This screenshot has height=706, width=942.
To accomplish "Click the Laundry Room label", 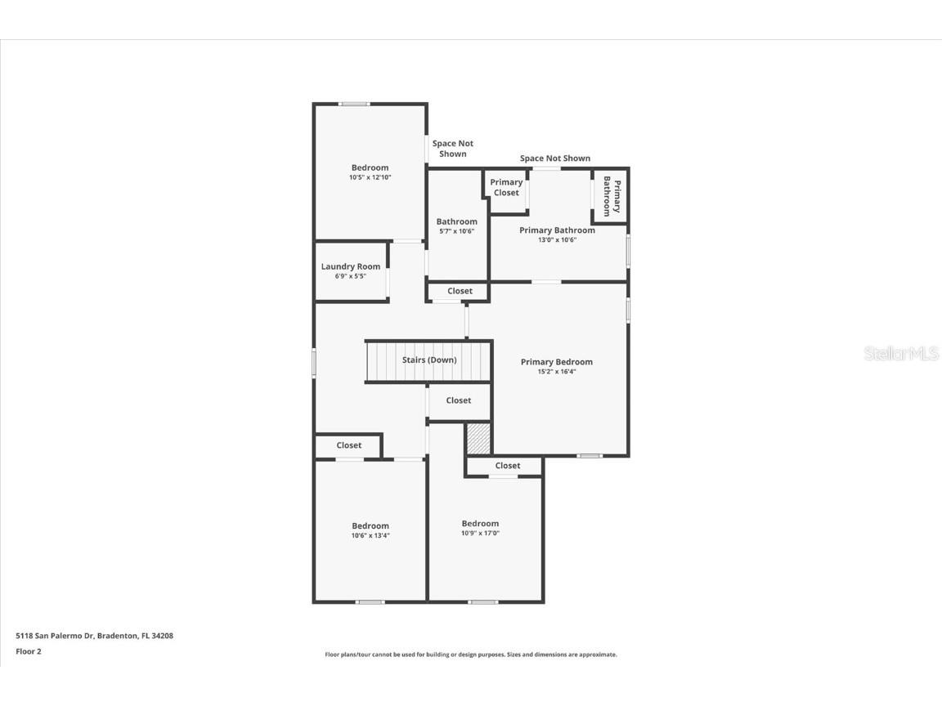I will pyautogui.click(x=350, y=266).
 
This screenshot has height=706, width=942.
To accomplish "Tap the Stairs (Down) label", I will pyautogui.click(x=429, y=360).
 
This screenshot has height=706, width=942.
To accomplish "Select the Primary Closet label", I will pyautogui.click(x=506, y=188).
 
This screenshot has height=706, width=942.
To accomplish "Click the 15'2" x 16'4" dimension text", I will pyautogui.click(x=556, y=372).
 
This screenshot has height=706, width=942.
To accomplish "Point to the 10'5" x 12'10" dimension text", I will pyautogui.click(x=370, y=177).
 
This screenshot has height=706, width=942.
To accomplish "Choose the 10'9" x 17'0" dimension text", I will pyautogui.click(x=480, y=534).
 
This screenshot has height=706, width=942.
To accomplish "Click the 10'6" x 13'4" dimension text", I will pyautogui.click(x=370, y=536).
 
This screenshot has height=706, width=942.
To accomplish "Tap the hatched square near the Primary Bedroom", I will pyautogui.click(x=478, y=439).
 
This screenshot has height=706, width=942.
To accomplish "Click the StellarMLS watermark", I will pyautogui.click(x=900, y=354).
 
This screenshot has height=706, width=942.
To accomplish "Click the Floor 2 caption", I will pyautogui.click(x=29, y=651).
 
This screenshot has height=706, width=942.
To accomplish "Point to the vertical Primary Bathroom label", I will pyautogui.click(x=612, y=196).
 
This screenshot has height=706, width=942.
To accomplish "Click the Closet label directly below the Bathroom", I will pyautogui.click(x=460, y=291).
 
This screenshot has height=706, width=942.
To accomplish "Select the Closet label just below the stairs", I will pyautogui.click(x=459, y=400).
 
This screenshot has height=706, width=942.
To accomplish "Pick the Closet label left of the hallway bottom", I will pyautogui.click(x=349, y=445).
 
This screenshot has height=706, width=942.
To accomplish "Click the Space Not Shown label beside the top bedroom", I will pyautogui.click(x=452, y=149).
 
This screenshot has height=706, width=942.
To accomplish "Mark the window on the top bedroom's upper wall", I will pyautogui.click(x=354, y=104).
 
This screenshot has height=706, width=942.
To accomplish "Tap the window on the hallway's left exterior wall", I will pyautogui.click(x=314, y=363).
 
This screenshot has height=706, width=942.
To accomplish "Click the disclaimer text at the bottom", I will pyautogui.click(x=471, y=655).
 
